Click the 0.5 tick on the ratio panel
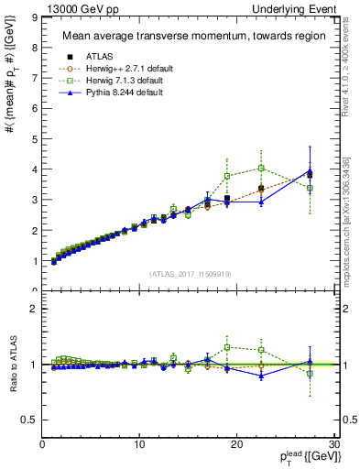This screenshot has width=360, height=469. pyautogui.click(x=29, y=420)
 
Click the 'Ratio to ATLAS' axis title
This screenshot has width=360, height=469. pyautogui.click(x=13, y=364)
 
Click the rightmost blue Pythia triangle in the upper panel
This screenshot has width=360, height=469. pyautogui.click(x=310, y=171)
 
